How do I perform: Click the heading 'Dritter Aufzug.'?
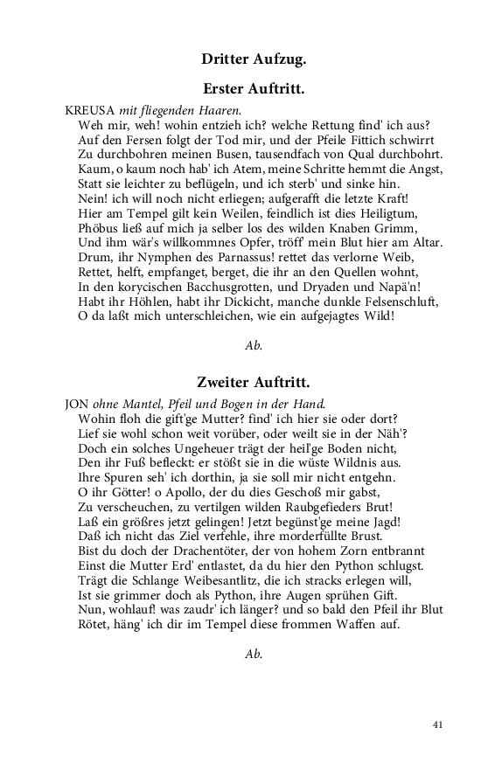tap(253, 59)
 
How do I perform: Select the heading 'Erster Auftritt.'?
tap(253, 89)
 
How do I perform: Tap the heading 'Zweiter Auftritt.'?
tap(253, 383)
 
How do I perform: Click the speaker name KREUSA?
tap(90, 111)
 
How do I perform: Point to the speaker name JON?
tap(78, 405)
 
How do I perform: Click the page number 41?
tap(439, 724)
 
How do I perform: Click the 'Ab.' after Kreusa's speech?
tap(254, 345)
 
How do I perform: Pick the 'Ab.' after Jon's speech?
tap(254, 653)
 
